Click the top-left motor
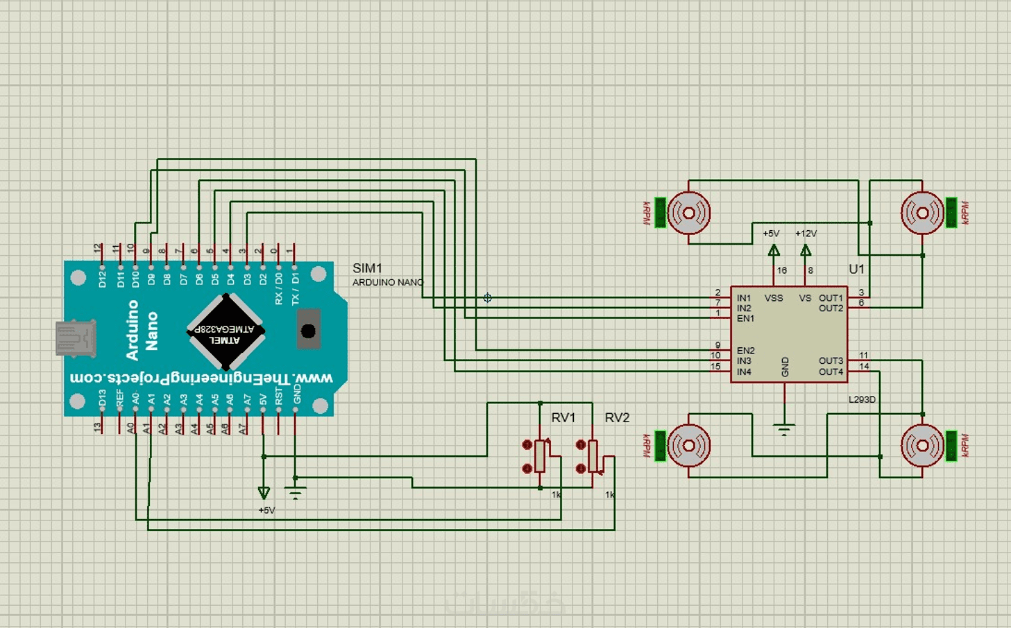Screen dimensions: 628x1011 (x=688, y=213)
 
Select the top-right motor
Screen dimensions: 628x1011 (x=922, y=213)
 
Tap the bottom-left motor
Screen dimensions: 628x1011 (x=688, y=446)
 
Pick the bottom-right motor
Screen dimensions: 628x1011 (x=922, y=446)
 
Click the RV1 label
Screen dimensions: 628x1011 (x=563, y=418)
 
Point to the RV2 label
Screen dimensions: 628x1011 (x=617, y=418)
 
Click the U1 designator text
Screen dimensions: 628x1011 (x=856, y=269)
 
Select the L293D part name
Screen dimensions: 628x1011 (x=862, y=400)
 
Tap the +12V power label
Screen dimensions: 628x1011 (x=806, y=234)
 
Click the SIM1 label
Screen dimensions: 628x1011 (x=367, y=268)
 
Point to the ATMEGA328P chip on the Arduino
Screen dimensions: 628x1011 (x=226, y=332)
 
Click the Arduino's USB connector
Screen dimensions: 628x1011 (x=75, y=339)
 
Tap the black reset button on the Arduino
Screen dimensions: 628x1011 (x=309, y=331)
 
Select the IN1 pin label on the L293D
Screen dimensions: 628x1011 (x=744, y=298)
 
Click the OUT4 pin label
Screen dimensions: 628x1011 (x=831, y=372)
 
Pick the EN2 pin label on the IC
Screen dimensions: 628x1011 (x=745, y=351)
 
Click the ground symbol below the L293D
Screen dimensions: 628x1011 (x=784, y=430)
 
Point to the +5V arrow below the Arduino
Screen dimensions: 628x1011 (x=264, y=493)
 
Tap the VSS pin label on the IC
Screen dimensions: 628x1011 (x=774, y=298)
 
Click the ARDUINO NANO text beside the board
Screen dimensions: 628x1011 (x=387, y=282)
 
